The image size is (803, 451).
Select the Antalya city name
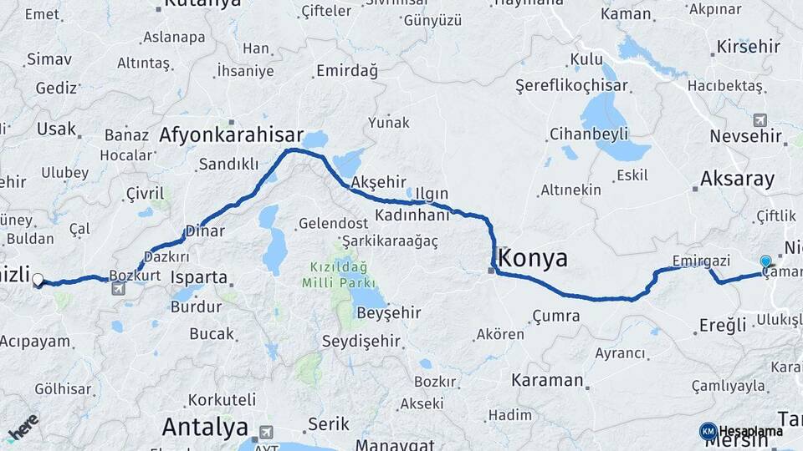[x=205, y=428]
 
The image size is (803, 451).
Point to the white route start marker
[x=38, y=280]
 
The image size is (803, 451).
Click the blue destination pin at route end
[x=765, y=262]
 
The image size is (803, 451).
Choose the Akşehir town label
[x=379, y=182]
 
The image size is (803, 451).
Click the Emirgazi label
[x=701, y=261]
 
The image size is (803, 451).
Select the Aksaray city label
[x=738, y=178]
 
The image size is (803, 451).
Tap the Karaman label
[x=547, y=380]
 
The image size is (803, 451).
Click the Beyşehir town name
[x=386, y=313]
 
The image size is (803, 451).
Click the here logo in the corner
[x=23, y=427]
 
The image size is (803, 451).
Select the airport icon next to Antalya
[x=267, y=432]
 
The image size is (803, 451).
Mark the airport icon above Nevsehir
[x=760, y=119]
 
